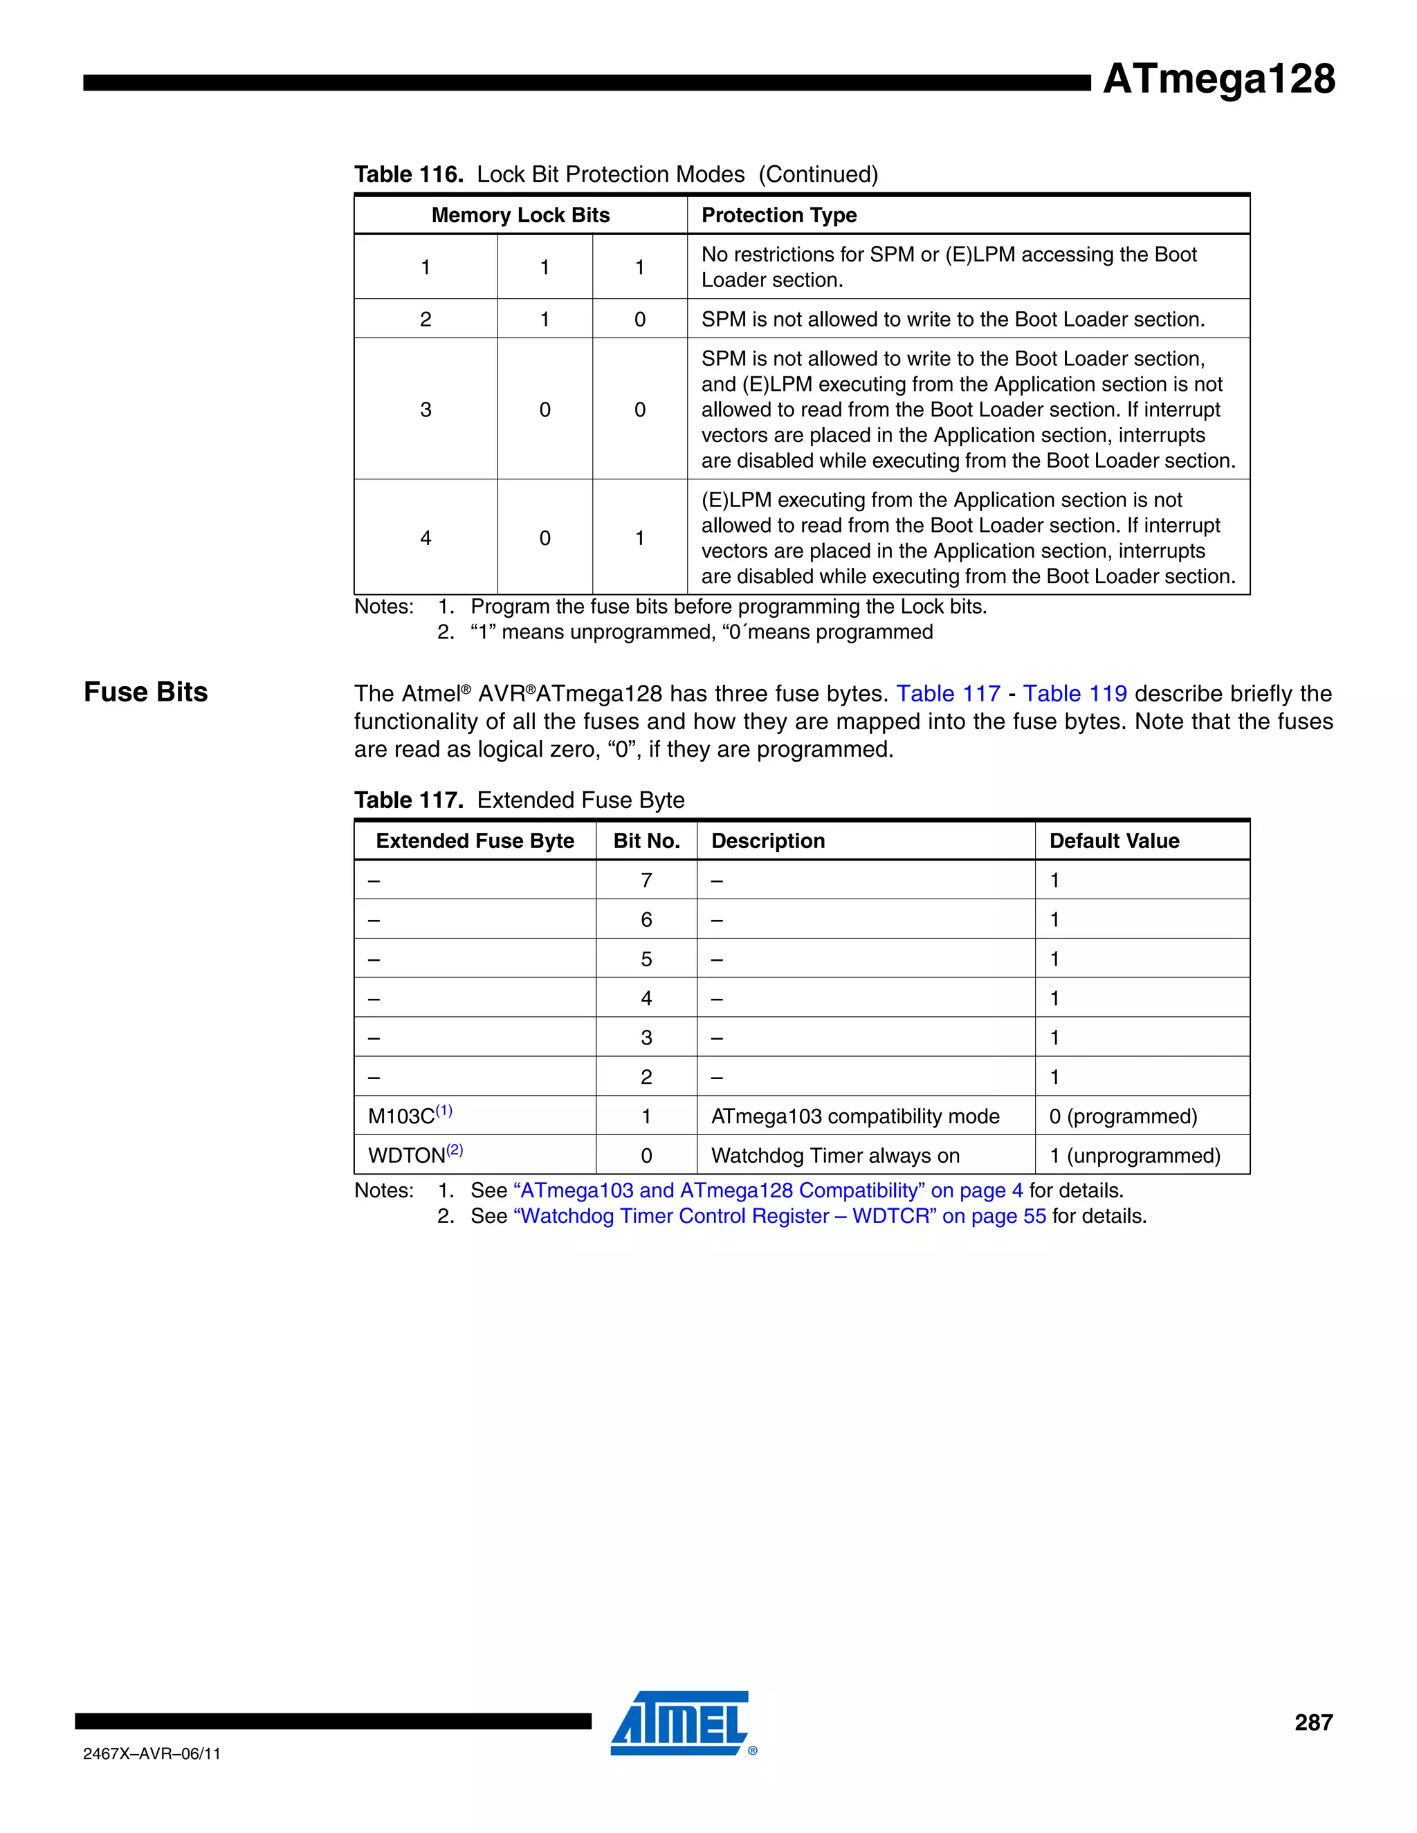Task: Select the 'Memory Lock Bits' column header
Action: point(520,215)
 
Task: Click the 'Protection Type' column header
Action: point(778,215)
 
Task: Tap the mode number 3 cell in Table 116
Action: point(426,409)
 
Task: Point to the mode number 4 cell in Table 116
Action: point(426,538)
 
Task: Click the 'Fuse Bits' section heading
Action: point(145,692)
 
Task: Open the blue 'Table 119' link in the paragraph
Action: point(1074,694)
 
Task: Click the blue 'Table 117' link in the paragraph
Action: point(948,694)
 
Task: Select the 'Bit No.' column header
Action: point(646,841)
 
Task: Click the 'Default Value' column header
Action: point(1113,841)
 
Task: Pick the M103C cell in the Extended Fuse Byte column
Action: point(409,1116)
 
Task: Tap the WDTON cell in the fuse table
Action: point(414,1156)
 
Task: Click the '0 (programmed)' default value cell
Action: point(1122,1116)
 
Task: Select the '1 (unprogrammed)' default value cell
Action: point(1134,1156)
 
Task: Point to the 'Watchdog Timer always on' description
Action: point(834,1156)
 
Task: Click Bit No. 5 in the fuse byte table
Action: point(646,959)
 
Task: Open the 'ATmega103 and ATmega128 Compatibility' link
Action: point(767,1191)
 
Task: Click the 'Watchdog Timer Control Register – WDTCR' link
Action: point(779,1217)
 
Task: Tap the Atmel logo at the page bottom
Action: point(680,1723)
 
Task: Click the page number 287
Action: point(1313,1723)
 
